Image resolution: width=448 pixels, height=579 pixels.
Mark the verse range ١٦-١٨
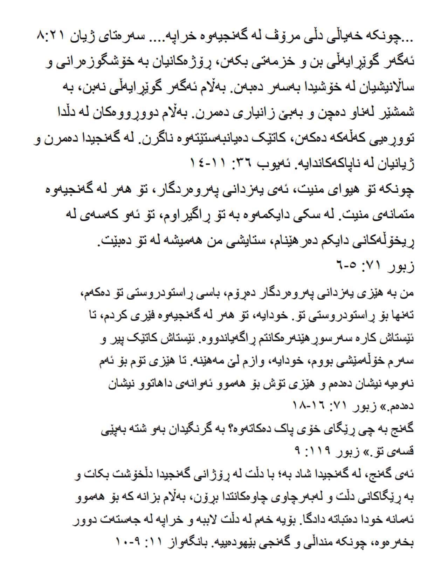click(308, 408)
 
